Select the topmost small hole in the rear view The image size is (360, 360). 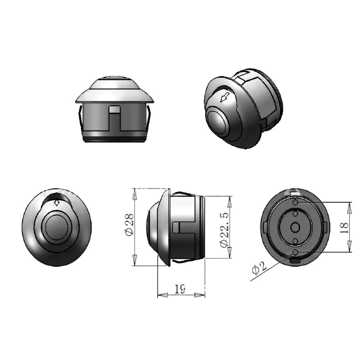(x=295, y=203)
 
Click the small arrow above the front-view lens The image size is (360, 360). (x=57, y=203)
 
